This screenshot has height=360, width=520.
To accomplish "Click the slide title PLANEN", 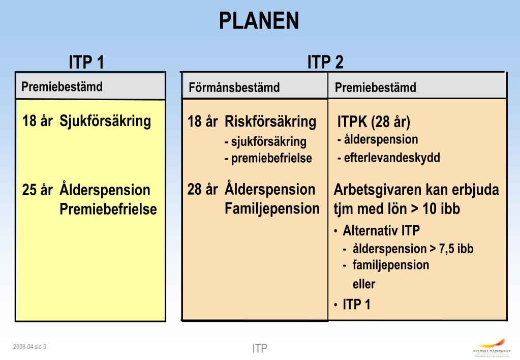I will tap(259, 21).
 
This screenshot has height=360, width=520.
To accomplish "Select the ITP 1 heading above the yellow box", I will tap(86, 63).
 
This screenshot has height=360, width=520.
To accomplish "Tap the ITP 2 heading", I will tap(325, 63).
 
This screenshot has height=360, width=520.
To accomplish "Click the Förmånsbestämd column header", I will tap(234, 87).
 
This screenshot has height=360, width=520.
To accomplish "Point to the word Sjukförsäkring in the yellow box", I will tap(105, 122).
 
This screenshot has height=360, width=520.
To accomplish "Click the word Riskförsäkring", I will tap(270, 122).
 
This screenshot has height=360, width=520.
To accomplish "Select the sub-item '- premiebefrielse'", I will tap(268, 158).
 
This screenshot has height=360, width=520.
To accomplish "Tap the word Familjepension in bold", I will tap(272, 208).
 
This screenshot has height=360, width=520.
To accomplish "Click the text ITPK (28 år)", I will tap(374, 123).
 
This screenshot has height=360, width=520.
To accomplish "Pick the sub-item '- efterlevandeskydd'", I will tap(388, 158).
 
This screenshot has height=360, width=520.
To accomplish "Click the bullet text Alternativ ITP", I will tap(381, 231).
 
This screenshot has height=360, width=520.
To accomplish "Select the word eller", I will tap(363, 284).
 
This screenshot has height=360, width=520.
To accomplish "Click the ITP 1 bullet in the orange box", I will tap(356, 305).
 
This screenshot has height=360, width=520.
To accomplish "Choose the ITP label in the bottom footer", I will tap(260, 348).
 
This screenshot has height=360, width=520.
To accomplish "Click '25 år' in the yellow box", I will tap(38, 190).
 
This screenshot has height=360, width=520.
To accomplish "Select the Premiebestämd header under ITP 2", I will tap(375, 87).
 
